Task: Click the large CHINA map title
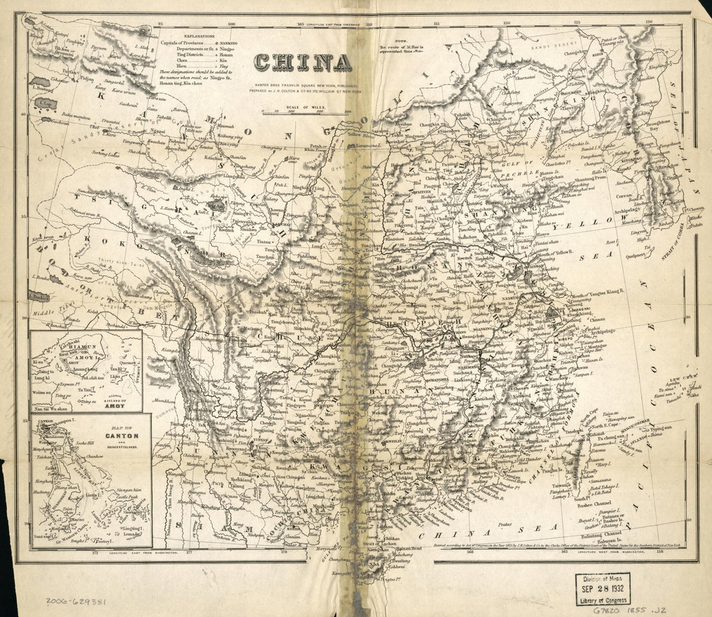(303, 62)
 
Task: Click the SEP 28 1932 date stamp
(603, 590)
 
